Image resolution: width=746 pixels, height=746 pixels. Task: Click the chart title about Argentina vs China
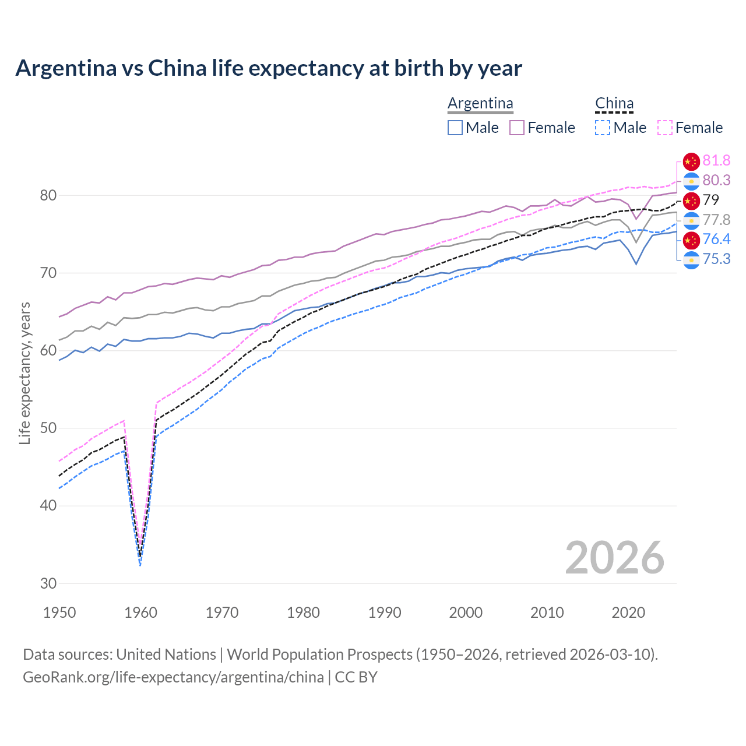coord(269,68)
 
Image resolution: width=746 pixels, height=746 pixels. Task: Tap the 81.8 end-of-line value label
coord(716,161)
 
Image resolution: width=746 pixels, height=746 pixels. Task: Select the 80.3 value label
coord(716,181)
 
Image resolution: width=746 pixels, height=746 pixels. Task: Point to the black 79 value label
coord(711,200)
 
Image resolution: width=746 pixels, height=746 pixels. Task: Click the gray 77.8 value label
coord(716,220)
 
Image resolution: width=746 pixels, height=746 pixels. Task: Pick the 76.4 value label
coord(716,240)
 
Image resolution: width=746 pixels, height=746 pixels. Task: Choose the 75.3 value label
coord(716,259)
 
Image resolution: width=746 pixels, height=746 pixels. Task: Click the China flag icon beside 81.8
coord(691,161)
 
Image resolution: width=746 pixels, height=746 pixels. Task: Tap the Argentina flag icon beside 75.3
coord(691,260)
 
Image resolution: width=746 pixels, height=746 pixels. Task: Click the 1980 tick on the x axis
coord(304,613)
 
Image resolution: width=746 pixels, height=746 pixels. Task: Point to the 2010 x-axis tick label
coord(547,613)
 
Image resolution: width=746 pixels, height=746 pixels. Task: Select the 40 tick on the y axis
coord(48,506)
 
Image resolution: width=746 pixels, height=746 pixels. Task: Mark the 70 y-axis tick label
coord(48,273)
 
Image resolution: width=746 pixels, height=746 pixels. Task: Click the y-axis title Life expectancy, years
coord(24,373)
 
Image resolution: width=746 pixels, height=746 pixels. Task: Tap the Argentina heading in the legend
coord(480,104)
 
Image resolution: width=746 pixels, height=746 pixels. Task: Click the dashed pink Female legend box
coord(665,128)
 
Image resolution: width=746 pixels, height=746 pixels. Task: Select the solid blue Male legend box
coord(455,128)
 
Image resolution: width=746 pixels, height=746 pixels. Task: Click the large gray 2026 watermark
coord(614,558)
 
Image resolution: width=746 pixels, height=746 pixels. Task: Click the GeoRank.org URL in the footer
coord(173,677)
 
